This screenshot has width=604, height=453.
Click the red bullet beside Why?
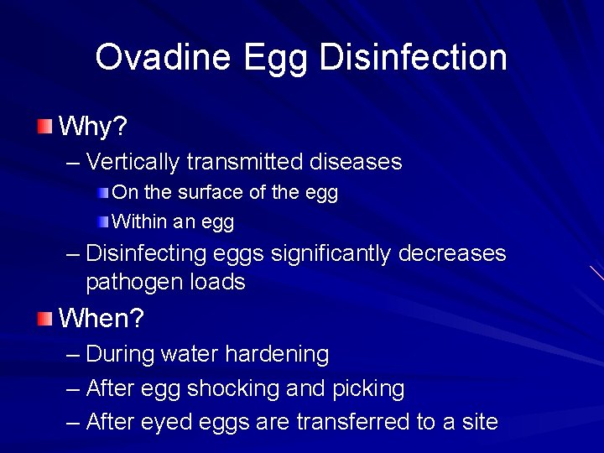(44, 128)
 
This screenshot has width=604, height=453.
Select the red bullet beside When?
(44, 319)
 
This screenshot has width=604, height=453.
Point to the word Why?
(93, 128)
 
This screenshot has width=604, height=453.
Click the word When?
(102, 319)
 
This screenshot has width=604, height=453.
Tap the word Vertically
(133, 162)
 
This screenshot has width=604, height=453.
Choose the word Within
(139, 222)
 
